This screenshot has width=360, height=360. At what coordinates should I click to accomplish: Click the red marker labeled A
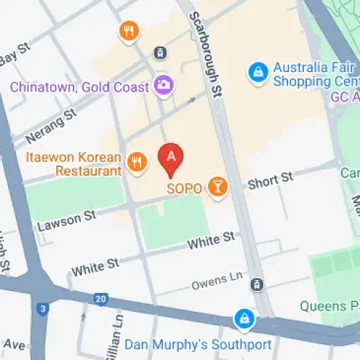(x=171, y=158)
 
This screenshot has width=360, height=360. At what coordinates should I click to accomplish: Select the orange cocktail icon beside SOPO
(x=217, y=188)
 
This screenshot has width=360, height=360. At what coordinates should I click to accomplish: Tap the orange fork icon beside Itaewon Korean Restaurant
(x=137, y=162)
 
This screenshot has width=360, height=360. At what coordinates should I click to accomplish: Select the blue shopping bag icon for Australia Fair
(x=257, y=71)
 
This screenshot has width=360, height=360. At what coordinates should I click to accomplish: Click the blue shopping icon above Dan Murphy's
(x=245, y=318)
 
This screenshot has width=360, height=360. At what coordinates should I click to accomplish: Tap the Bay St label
(x=16, y=55)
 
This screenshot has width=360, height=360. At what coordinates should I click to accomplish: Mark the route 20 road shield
(x=100, y=299)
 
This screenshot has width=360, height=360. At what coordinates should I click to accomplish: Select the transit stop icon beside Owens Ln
(x=256, y=285)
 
